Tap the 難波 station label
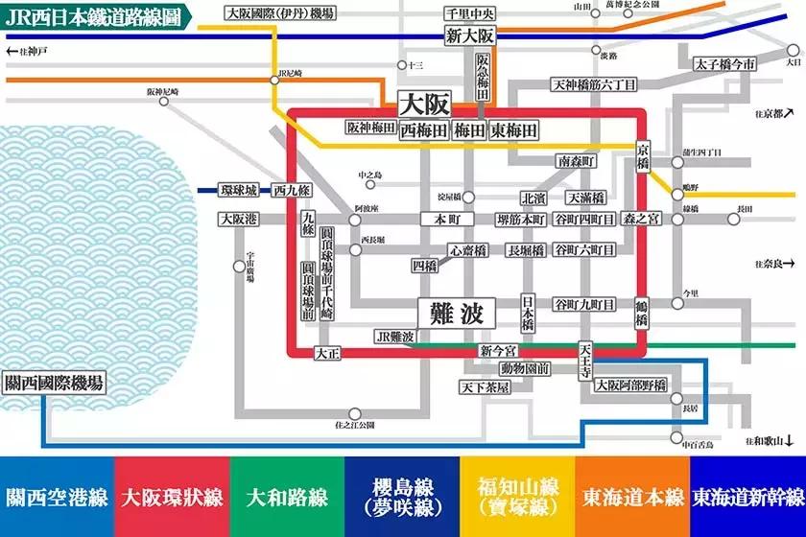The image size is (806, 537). [456, 313]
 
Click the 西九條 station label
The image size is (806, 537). [292, 190]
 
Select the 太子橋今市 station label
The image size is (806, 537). [726, 64]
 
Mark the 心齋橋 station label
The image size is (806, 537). [462, 250]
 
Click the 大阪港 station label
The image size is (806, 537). [237, 219]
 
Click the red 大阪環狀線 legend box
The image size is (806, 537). [172, 497]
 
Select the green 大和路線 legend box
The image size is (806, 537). [287, 497]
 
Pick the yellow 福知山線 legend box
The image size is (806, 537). [517, 497]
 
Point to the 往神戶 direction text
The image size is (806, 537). [29, 50]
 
